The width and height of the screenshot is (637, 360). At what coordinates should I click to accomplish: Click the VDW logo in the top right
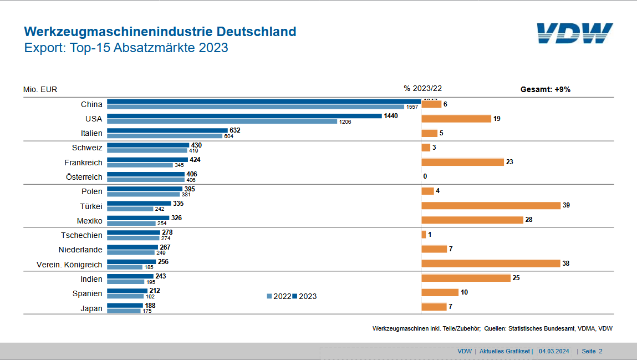(x=574, y=33)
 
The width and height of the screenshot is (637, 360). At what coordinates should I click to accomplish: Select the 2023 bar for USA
(x=244, y=116)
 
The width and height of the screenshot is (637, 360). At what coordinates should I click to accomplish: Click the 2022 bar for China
(x=256, y=107)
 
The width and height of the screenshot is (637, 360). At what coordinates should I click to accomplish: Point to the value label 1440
(x=391, y=116)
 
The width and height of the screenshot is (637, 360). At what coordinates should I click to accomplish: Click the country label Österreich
(x=84, y=177)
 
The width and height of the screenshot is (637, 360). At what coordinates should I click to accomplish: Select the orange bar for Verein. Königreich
(x=491, y=263)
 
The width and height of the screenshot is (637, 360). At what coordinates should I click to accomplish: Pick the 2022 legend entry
(x=279, y=296)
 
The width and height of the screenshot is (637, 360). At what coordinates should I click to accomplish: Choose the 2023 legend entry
(x=304, y=296)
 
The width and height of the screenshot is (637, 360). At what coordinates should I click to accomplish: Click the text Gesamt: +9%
(x=545, y=89)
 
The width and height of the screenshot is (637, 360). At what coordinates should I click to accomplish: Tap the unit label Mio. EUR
(x=40, y=89)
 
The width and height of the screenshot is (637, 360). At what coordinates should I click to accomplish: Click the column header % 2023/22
(x=422, y=88)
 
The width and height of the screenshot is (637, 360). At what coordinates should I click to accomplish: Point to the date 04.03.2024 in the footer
(x=553, y=351)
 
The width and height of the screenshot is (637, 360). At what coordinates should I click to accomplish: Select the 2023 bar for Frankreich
(x=147, y=159)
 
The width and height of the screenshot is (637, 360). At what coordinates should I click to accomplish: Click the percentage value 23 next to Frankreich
(x=509, y=162)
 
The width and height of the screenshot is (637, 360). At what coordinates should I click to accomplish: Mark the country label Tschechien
(x=81, y=235)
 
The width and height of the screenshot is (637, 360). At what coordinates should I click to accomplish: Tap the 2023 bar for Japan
(x=125, y=305)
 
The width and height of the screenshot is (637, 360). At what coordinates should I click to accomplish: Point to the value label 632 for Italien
(x=235, y=130)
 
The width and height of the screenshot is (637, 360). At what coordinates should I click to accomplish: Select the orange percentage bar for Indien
(x=466, y=278)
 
